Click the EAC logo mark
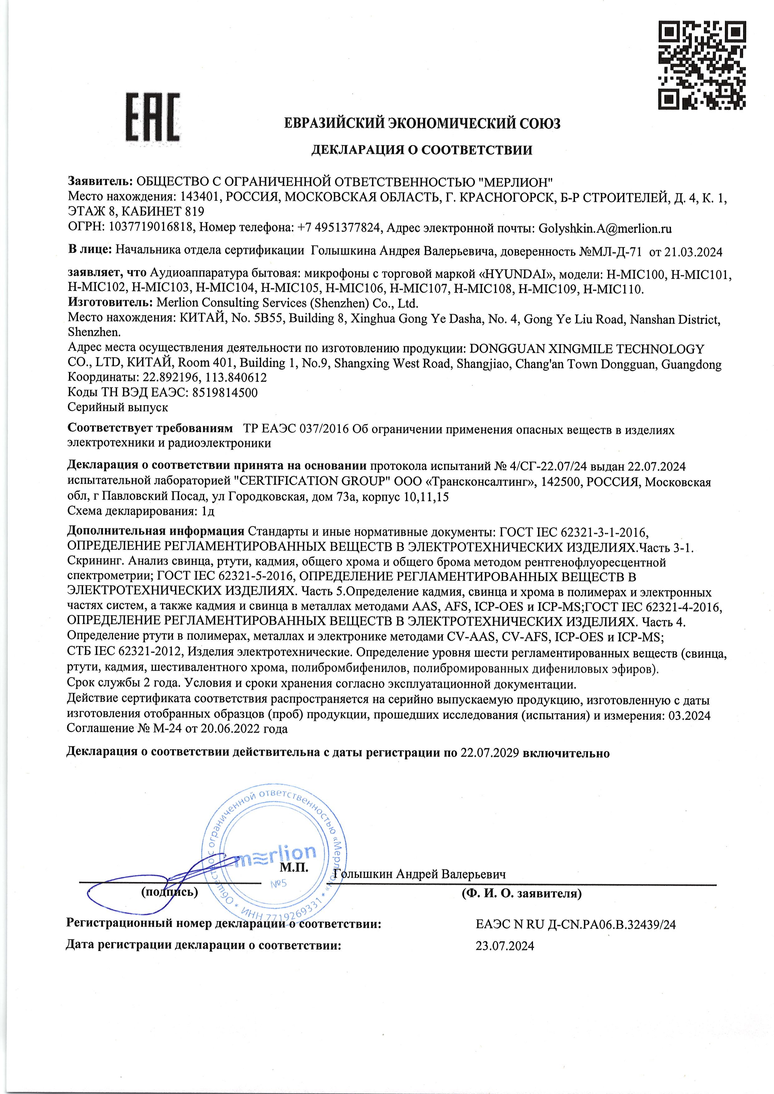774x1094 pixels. (x=153, y=117)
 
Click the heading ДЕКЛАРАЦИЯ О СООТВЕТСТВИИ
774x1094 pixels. (x=421, y=150)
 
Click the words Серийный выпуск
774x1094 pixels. (x=118, y=407)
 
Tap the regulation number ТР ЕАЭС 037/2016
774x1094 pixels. (x=296, y=430)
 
